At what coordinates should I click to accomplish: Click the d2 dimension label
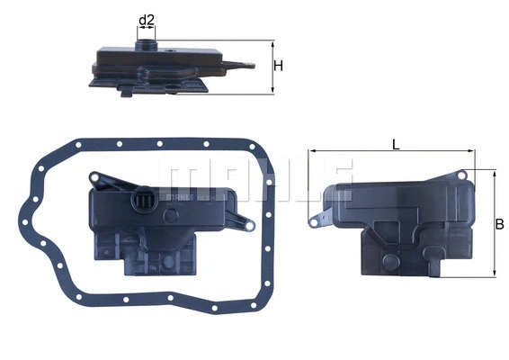(x=146, y=18)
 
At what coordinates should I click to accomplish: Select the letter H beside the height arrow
(x=279, y=67)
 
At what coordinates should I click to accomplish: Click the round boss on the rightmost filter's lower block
(x=389, y=262)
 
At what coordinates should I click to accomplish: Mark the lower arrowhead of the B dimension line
(x=493, y=274)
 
